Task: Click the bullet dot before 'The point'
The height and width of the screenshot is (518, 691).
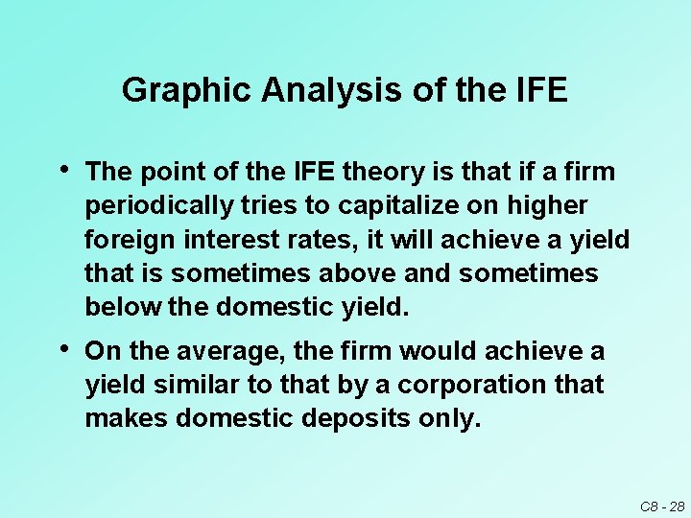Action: (x=63, y=171)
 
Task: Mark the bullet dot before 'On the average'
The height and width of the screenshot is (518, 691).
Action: (x=63, y=350)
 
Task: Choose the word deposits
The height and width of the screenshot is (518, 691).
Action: (x=326, y=419)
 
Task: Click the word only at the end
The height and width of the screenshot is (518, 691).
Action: (x=447, y=419)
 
